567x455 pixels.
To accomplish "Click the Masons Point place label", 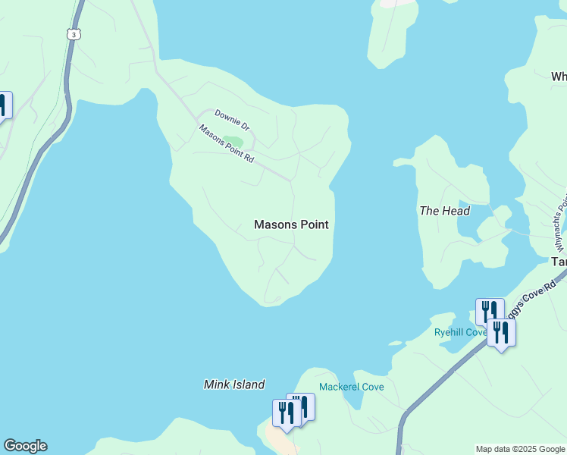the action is [291, 224].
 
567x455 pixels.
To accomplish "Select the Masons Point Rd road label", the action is [226, 143].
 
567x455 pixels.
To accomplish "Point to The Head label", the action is [445, 211].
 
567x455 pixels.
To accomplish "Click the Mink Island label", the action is [234, 384].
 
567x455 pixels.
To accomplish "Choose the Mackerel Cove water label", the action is [351, 387].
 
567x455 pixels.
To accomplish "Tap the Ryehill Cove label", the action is [460, 332].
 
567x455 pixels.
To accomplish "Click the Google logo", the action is [25, 446].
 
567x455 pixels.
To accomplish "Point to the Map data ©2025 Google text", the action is [520, 449].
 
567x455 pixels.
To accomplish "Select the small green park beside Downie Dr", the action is [233, 142].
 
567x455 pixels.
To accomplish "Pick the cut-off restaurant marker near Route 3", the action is [5, 105].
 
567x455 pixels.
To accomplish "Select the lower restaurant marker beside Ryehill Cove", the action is [501, 332].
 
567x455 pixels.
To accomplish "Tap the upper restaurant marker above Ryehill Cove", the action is [490, 311].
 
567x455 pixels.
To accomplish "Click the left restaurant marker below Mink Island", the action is [286, 413].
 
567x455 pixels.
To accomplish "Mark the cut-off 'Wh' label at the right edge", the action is [559, 77].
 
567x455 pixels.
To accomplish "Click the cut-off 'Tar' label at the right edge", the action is [559, 261].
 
